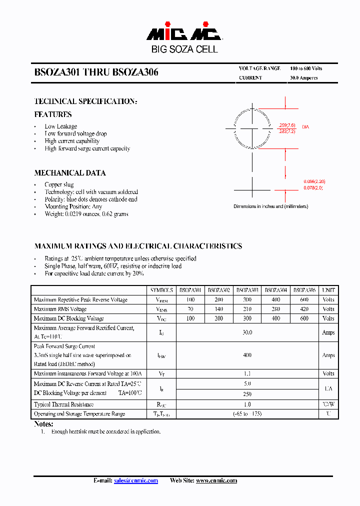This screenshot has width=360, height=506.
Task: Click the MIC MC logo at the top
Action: (x=183, y=33)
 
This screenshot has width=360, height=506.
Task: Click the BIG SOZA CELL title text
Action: (x=184, y=49)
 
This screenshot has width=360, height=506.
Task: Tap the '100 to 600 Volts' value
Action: (x=306, y=68)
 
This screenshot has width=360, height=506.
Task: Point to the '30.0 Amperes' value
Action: (x=303, y=78)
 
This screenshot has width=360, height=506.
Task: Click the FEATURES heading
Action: (x=53, y=114)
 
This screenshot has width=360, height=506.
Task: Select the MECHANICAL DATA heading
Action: (x=70, y=173)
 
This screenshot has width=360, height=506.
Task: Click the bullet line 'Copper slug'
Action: (x=59, y=184)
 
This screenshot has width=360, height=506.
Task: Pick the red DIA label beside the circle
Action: (x=305, y=127)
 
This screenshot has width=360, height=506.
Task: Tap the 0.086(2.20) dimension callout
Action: (x=314, y=181)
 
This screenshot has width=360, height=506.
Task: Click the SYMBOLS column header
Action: (x=161, y=290)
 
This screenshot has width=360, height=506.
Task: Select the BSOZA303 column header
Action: (x=247, y=290)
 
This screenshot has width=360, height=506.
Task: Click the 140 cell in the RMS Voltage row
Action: (x=219, y=309)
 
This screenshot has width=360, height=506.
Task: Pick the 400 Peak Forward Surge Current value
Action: (x=247, y=355)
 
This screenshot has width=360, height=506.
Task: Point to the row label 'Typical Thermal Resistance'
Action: (x=63, y=404)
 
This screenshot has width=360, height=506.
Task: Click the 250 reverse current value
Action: (x=247, y=394)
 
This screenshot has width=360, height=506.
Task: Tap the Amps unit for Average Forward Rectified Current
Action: (x=328, y=332)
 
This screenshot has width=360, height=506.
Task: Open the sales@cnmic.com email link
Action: (x=136, y=480)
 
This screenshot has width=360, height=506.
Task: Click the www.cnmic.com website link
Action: (x=216, y=480)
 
